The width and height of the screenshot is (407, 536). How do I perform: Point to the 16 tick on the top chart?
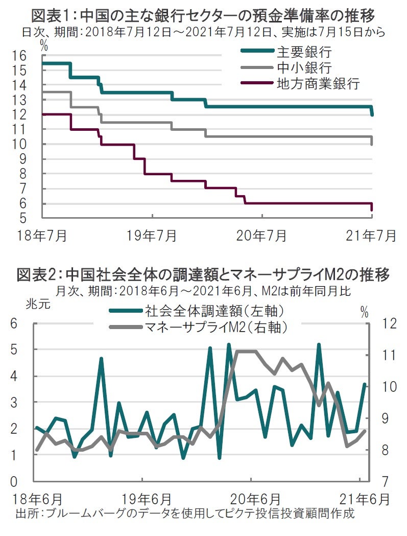33,56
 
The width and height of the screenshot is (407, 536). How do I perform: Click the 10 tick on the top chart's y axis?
33,145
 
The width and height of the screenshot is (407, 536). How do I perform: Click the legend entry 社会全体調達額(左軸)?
214,310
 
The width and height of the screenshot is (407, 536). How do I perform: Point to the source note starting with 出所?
185,512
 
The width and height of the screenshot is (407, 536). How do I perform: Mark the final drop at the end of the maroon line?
372,207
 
